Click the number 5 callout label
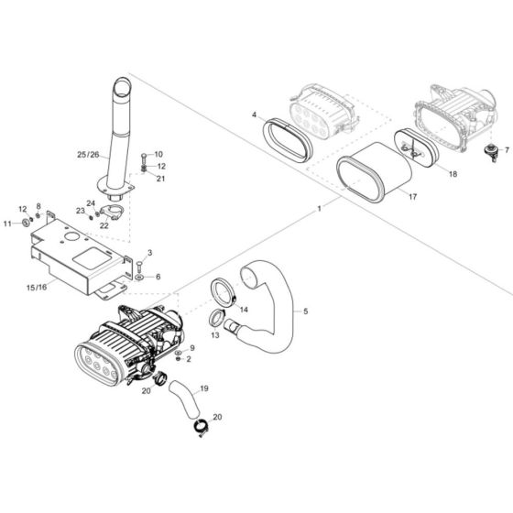(x=305, y=311)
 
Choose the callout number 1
(x=319, y=209)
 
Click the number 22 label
(x=104, y=224)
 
